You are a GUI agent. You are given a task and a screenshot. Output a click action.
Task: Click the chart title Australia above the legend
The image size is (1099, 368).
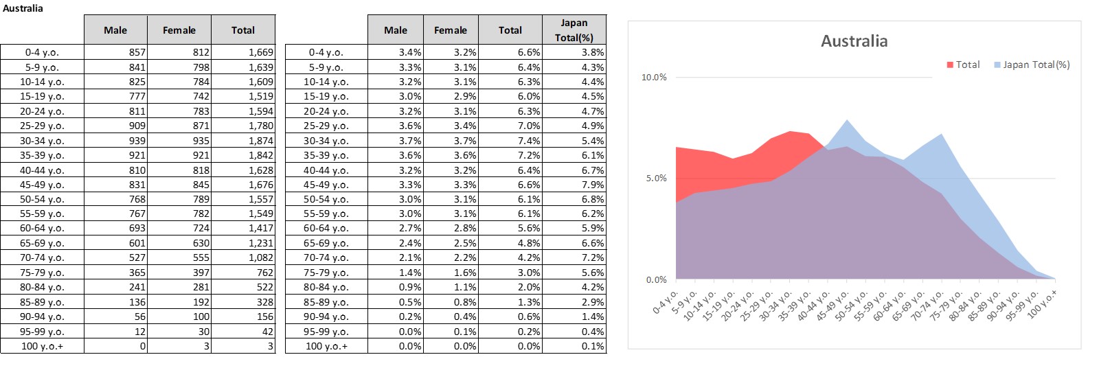pos(854,41)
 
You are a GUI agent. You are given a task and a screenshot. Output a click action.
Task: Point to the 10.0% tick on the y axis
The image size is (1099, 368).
pos(653,78)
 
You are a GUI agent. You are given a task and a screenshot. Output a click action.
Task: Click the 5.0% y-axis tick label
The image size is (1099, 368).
pos(655,179)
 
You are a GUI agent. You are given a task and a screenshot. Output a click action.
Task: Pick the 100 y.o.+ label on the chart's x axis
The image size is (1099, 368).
pos(1043,302)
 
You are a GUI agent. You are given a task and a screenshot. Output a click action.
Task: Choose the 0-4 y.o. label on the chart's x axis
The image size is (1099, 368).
pos(665,302)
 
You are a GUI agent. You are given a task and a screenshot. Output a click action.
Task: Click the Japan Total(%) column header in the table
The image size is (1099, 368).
pos(574,30)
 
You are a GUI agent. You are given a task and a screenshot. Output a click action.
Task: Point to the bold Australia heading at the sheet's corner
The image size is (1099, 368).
pos(23,8)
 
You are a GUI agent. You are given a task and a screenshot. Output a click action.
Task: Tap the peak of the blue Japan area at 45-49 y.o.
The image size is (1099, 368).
pos(847,121)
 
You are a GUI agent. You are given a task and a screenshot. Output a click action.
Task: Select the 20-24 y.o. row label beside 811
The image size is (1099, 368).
pos(42,111)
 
